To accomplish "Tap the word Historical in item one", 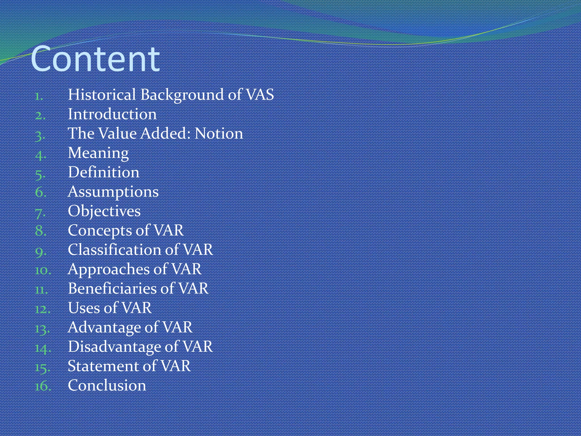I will [x=102, y=95].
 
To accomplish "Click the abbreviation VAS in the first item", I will [x=260, y=95].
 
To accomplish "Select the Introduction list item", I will [x=112, y=114].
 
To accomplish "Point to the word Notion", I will [x=219, y=133].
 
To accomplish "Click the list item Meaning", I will [x=98, y=153].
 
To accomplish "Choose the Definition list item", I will [x=104, y=172].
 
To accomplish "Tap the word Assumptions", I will [x=113, y=192].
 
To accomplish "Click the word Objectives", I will [x=104, y=211].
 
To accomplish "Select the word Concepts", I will [x=100, y=230].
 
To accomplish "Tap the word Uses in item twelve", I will [x=84, y=308].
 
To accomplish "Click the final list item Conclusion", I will [x=107, y=385].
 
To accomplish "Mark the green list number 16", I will [x=43, y=386].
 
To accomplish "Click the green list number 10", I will [x=43, y=270].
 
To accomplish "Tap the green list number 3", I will [x=40, y=135].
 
